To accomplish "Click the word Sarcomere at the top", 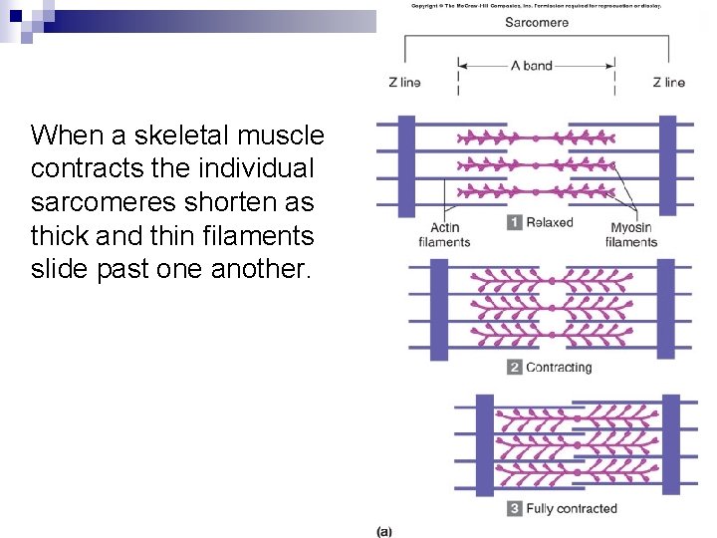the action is pos(536,22).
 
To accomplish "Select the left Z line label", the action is pos(404,82).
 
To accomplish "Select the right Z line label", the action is pos(668,82).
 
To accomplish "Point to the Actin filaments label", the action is pos(444,234).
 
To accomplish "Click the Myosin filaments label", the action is pos(631,234).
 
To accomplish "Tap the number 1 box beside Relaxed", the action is pos(514,222).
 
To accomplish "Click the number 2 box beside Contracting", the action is pos(514,367).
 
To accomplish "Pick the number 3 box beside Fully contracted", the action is pos(514,508).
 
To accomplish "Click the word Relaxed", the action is pos(550,222).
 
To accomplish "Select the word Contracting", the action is pos(559,367).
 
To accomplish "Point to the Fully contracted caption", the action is pos(572,508).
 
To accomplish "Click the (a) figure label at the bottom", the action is pos(383,531).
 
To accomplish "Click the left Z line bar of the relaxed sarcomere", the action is pos(406,164).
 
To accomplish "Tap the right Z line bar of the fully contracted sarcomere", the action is pos(671,443).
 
